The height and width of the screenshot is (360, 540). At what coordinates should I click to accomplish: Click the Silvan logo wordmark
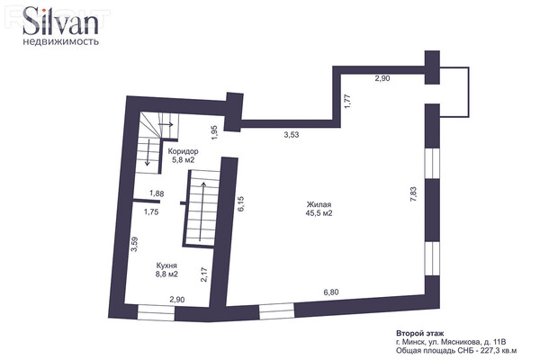pos(60,21)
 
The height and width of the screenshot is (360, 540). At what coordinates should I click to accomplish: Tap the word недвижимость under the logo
pos(60,42)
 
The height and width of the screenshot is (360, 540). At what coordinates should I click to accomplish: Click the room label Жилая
pos(319,204)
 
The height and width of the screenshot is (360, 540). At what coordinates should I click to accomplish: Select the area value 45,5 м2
pos(319,213)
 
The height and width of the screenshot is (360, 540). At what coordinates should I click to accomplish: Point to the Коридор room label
pos(183,151)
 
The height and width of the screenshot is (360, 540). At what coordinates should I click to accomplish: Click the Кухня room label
pos(166,265)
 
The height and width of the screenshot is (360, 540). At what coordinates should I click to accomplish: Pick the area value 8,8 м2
pos(166,274)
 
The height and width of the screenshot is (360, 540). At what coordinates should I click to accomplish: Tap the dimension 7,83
pos(414,194)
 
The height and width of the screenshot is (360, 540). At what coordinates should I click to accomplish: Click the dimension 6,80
pos(331,292)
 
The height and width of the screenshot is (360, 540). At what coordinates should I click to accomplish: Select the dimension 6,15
pos(240,203)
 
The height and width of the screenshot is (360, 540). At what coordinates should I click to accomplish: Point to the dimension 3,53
pos(292,135)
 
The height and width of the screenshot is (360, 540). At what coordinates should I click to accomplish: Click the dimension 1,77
pos(347,102)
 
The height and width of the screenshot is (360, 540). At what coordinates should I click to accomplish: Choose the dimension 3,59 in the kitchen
pos(135,244)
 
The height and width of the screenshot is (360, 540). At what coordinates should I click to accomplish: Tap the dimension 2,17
pos(204,274)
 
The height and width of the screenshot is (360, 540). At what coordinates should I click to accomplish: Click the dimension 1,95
pos(214,132)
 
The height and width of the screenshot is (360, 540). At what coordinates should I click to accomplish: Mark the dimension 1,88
pos(157,193)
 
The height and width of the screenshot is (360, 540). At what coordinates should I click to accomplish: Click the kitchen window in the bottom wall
pos(156,313)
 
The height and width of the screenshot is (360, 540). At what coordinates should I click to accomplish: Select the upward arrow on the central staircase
pos(202,211)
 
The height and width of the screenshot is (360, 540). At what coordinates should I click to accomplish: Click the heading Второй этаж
pos(419,333)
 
